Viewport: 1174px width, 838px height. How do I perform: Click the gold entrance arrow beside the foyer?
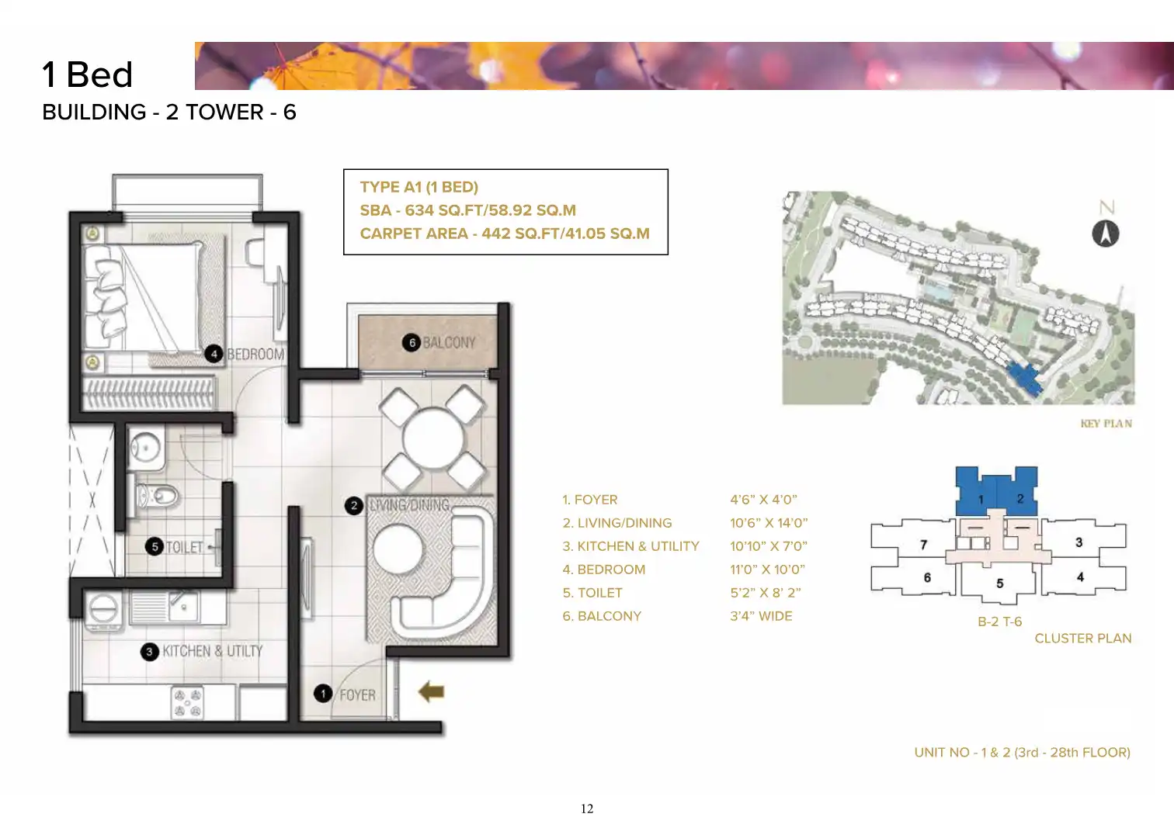pos(432,691)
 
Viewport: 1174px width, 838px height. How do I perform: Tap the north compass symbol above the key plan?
pos(1106,234)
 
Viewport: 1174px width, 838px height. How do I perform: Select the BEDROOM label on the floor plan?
pos(255,355)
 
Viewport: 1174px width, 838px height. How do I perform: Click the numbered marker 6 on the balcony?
pos(412,342)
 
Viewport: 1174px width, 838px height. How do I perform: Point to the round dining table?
pos(433,438)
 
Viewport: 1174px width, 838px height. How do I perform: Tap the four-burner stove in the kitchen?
pos(188,703)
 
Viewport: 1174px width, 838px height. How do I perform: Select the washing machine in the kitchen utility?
pos(104,610)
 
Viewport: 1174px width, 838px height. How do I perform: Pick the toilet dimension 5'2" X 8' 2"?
pos(766,593)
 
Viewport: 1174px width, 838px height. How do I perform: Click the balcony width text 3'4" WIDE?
pos(761,616)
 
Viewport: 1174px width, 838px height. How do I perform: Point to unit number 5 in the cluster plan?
pos(999,583)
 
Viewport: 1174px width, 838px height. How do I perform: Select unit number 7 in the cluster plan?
pos(923,545)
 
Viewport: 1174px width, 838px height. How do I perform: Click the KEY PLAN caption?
pos(1106,424)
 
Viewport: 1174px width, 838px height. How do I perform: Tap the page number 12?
pos(587,809)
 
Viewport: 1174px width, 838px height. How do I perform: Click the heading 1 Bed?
pos(88,74)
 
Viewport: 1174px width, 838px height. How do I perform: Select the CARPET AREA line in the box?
pos(505,234)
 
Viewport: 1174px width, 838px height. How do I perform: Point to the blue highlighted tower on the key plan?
pos(1024,378)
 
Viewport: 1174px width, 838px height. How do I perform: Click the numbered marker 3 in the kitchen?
pos(149,652)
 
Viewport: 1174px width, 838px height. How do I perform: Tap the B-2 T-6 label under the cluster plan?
pos(1000,622)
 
